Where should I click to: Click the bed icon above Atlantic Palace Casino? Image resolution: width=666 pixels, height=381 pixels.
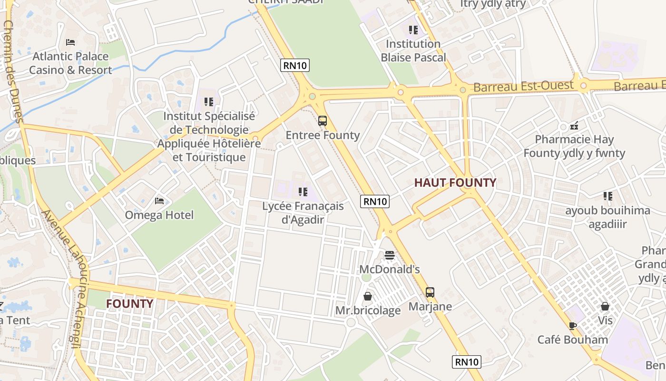(x=70, y=42)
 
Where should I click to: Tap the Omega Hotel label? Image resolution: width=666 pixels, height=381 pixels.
(x=159, y=215)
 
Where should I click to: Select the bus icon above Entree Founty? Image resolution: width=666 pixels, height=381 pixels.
(x=323, y=121)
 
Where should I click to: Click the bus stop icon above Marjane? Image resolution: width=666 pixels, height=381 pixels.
(x=430, y=292)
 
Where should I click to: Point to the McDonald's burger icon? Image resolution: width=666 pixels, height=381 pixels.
(x=390, y=256)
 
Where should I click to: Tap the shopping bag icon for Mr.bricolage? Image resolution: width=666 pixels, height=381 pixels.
(x=368, y=296)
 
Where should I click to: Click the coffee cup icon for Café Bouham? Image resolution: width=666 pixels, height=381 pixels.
(x=573, y=326)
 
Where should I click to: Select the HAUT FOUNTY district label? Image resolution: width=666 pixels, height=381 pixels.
(x=455, y=182)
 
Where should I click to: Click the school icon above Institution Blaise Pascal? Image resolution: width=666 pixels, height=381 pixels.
(x=413, y=30)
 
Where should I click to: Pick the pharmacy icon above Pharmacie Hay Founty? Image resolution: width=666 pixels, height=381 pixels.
(x=574, y=126)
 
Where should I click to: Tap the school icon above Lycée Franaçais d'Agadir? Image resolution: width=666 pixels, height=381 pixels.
(x=303, y=192)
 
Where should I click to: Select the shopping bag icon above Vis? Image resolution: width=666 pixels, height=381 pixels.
(x=605, y=306)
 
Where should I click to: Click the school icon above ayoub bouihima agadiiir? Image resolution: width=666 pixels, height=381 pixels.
(x=607, y=196)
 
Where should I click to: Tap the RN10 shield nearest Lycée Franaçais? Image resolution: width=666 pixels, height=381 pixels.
(x=375, y=201)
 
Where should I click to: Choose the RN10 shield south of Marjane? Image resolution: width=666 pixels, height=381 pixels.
(x=467, y=362)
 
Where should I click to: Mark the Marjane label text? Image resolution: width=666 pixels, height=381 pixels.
(x=430, y=306)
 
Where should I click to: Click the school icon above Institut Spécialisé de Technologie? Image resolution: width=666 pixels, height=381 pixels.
(x=208, y=102)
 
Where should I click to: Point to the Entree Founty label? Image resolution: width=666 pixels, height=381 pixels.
(x=323, y=135)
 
